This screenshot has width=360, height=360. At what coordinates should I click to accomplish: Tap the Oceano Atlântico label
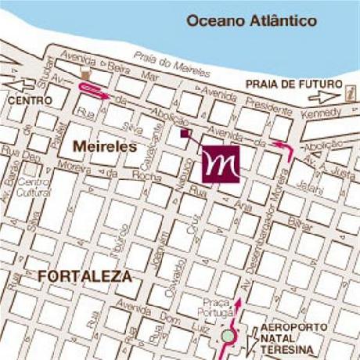[x=251, y=21]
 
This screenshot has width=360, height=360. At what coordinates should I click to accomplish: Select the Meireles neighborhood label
[x=105, y=146]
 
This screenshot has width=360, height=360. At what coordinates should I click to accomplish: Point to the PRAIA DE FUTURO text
[x=294, y=84]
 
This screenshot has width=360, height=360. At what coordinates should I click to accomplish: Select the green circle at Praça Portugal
[x=228, y=337]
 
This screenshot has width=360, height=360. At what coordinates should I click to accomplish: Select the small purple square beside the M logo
[x=185, y=134]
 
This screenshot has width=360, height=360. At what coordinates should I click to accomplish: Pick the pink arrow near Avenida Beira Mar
[x=92, y=90]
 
